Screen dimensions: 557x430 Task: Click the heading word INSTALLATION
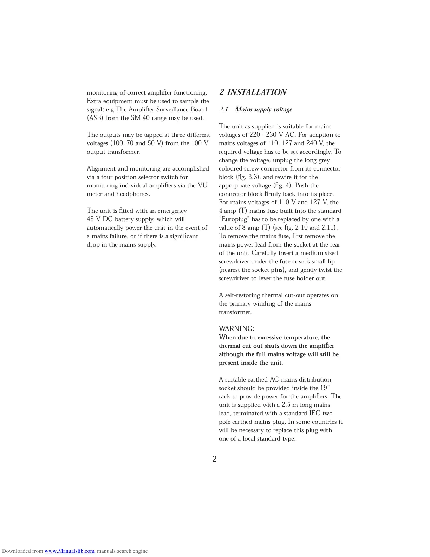(x=257, y=92)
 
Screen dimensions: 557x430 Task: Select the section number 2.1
(x=224, y=109)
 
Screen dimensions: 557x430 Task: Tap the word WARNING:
(x=236, y=329)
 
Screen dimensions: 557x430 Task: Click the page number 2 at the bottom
(x=215, y=459)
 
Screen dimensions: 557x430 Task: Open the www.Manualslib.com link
(x=69, y=551)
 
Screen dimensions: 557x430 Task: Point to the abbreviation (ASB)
(x=95, y=118)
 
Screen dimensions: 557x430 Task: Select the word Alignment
(x=101, y=169)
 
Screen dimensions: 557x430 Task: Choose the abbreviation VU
(x=202, y=186)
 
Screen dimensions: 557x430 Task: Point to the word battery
(x=125, y=219)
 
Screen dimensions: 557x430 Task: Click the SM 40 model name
(x=140, y=118)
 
